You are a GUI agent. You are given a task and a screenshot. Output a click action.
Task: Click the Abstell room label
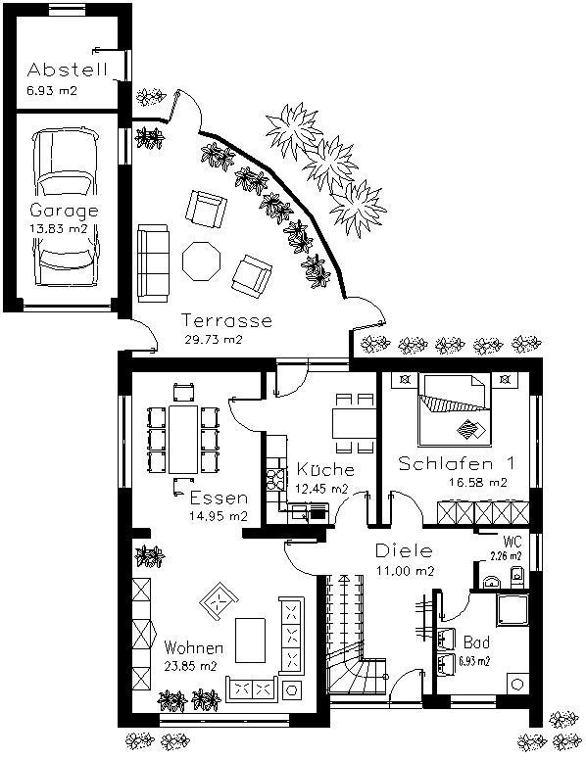click(67, 70)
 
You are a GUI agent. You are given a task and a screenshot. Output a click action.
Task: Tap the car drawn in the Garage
click(66, 208)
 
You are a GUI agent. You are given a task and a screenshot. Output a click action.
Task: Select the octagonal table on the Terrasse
click(201, 261)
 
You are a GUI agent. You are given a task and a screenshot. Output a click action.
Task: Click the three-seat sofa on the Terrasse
click(153, 263)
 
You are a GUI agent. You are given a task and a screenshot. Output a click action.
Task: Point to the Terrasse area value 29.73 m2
click(214, 339)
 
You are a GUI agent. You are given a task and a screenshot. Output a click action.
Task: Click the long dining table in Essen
click(183, 439)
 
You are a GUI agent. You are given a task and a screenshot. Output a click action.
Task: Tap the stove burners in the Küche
click(275, 479)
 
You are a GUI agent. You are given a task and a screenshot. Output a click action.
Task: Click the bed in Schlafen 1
click(455, 410)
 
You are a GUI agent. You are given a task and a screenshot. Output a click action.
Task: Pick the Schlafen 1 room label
click(456, 463)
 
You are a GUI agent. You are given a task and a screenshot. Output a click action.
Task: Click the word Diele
click(404, 550)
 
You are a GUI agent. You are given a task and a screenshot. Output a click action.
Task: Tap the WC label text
click(513, 542)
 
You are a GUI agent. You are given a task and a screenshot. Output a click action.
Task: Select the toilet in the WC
click(517, 576)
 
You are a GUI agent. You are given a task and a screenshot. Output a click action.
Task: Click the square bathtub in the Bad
click(512, 610)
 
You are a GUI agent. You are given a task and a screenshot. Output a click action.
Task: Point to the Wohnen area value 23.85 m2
click(190, 666)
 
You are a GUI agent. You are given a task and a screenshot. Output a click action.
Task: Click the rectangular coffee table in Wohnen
click(250, 641)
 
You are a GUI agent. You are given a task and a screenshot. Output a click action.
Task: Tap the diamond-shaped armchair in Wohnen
click(220, 601)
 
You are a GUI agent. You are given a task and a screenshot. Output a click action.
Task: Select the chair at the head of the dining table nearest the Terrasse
click(183, 392)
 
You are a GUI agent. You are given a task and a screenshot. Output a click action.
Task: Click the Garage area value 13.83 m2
click(58, 228)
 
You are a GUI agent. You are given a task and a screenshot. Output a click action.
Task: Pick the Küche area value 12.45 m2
click(321, 489)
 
